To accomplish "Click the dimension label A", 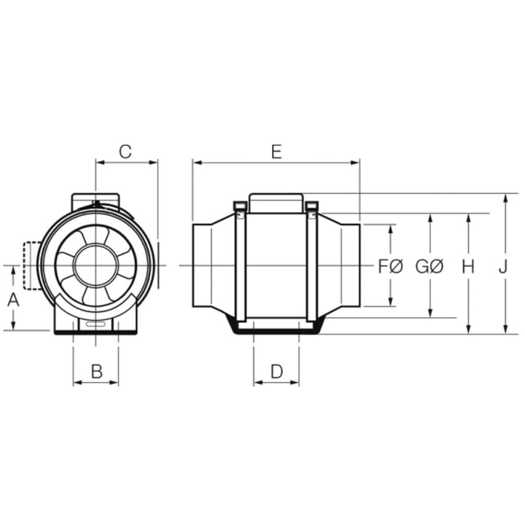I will click(x=13, y=298).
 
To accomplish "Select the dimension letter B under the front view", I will click(x=96, y=371).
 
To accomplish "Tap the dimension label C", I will click(x=125, y=152).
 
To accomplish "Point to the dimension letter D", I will click(x=276, y=371).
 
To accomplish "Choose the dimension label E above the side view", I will click(x=276, y=152).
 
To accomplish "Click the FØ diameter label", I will click(x=391, y=267).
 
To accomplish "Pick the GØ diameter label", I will click(x=429, y=267).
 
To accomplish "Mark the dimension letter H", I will click(x=468, y=267).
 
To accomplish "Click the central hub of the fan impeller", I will click(x=96, y=265).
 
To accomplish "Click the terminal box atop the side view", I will click(x=276, y=202).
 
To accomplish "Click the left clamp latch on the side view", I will click(x=239, y=209).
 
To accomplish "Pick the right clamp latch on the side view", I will click(x=311, y=209).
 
